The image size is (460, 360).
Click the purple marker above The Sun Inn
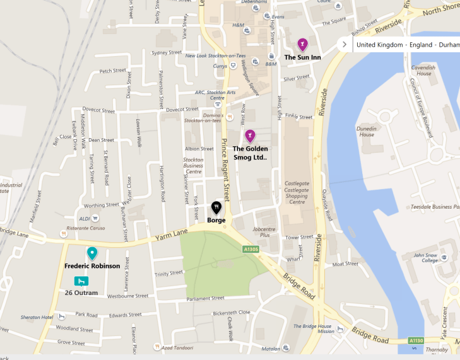(x=303, y=44)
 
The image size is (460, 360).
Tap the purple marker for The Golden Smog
(x=250, y=136)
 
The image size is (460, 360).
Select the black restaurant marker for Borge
(x=216, y=207)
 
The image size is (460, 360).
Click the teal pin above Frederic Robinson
(x=92, y=253)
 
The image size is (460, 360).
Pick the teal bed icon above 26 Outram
(x=81, y=281)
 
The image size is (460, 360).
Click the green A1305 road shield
(x=251, y=250)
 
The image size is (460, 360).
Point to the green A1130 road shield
(x=416, y=341)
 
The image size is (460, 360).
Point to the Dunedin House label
(x=367, y=131)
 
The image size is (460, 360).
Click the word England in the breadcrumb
(x=420, y=45)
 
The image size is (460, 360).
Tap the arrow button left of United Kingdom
(x=343, y=45)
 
